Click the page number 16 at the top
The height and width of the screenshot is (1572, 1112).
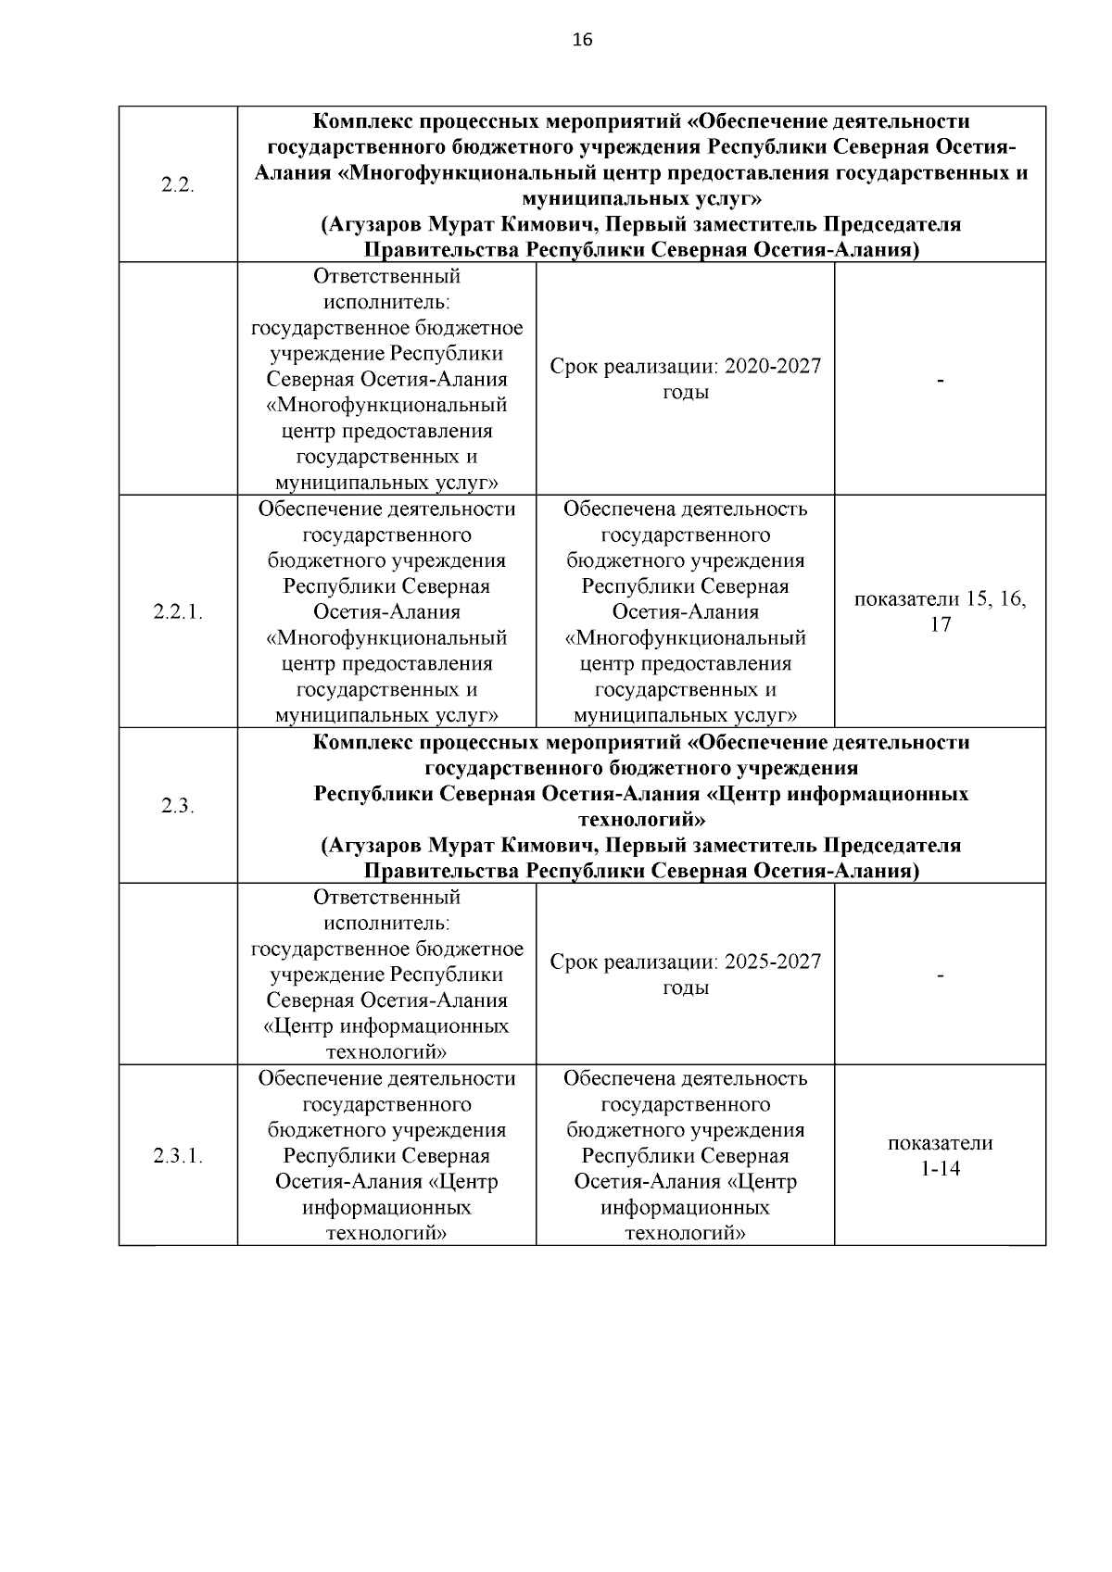582,40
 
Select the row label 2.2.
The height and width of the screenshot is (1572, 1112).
177,184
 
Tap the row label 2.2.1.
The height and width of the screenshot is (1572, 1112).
177,611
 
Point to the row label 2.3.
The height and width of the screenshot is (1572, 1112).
177,806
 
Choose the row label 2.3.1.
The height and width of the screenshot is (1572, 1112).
177,1155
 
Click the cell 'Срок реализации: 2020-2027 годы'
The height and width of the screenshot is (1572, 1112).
685,379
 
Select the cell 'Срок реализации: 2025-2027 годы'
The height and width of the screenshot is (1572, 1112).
685,975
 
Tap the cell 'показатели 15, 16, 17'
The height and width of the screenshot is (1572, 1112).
940,611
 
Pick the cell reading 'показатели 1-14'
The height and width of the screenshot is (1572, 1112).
940,1155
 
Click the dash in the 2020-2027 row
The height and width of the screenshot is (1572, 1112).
940,381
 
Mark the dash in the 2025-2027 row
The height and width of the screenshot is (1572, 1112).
940,975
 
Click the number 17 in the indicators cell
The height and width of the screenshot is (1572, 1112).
940,624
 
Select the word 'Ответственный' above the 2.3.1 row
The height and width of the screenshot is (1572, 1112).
386,897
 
